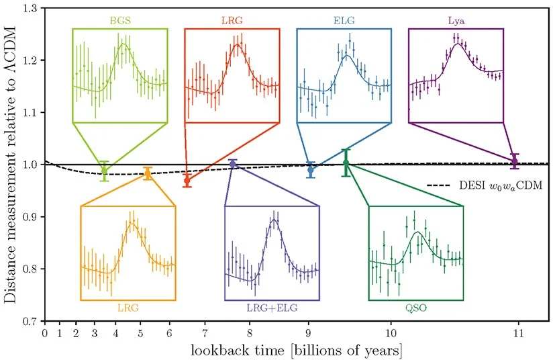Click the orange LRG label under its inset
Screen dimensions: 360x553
pyautogui.click(x=128, y=308)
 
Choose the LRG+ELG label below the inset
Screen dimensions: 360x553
pyautogui.click(x=272, y=308)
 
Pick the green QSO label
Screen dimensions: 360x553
pyautogui.click(x=416, y=308)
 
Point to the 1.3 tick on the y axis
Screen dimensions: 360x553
pyautogui.click(x=30, y=8)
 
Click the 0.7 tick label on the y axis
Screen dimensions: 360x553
pyautogui.click(x=30, y=321)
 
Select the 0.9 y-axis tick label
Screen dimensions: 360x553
pyautogui.click(x=30, y=217)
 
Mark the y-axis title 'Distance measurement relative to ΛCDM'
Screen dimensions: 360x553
pyautogui.click(x=11, y=165)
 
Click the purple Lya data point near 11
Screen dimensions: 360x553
pyautogui.click(x=515, y=161)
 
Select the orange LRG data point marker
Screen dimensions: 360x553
pyautogui.click(x=148, y=174)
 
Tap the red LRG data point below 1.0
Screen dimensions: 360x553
pyautogui.click(x=187, y=181)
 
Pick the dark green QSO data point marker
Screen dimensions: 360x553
pyautogui.click(x=346, y=163)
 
